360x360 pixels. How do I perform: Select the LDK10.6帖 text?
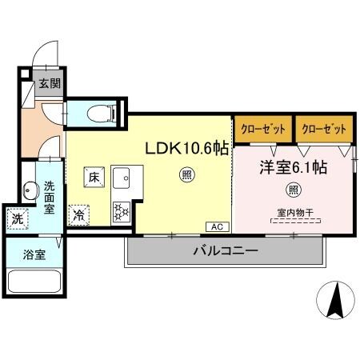pyautogui.click(x=185, y=149)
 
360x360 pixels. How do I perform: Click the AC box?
pyautogui.click(x=217, y=226)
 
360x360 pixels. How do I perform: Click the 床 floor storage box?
pyautogui.click(x=94, y=177)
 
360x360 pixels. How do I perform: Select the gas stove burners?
pyautogui.click(x=122, y=211)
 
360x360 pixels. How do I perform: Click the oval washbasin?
pyautogui.click(x=31, y=191)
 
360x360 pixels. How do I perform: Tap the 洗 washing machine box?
pyautogui.click(x=18, y=217)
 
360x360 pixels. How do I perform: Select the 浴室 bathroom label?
pyautogui.click(x=34, y=256)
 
